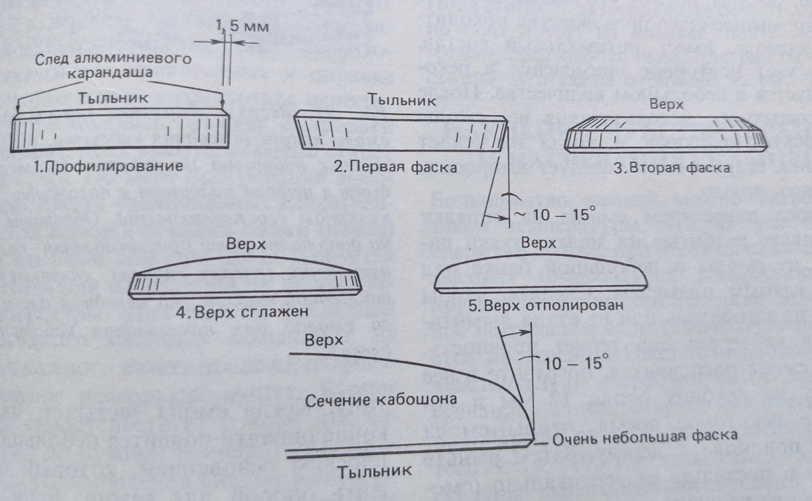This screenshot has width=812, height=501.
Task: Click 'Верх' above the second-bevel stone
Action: (x=666, y=106)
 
